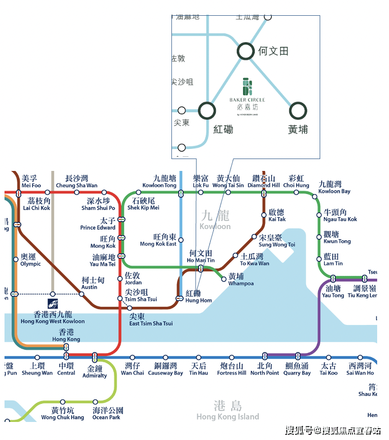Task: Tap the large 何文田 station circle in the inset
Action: pyautogui.click(x=246, y=51)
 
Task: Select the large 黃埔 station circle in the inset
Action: pyautogui.click(x=298, y=111)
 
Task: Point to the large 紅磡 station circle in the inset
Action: pyautogui.click(x=207, y=111)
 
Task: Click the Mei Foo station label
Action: pyautogui.click(x=31, y=182)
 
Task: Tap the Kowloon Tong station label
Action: pyautogui.click(x=160, y=182)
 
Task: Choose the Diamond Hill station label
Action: pyautogui.click(x=263, y=182)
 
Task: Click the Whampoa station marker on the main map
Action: pyautogui.click(x=224, y=279)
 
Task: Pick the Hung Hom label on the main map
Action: pyautogui.click(x=198, y=297)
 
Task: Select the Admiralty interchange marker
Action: pyautogui.click(x=95, y=357)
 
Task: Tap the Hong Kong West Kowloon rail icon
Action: pyautogui.click(x=52, y=304)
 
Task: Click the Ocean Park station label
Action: pyautogui.click(x=107, y=414)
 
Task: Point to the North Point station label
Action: pyautogui.click(x=265, y=369)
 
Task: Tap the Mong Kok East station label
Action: pyautogui.click(x=158, y=240)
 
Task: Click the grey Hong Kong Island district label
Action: pyautogui.click(x=228, y=411)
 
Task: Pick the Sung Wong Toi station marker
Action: pyautogui.click(x=254, y=237)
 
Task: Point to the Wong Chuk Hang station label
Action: pyautogui.click(x=63, y=414)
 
